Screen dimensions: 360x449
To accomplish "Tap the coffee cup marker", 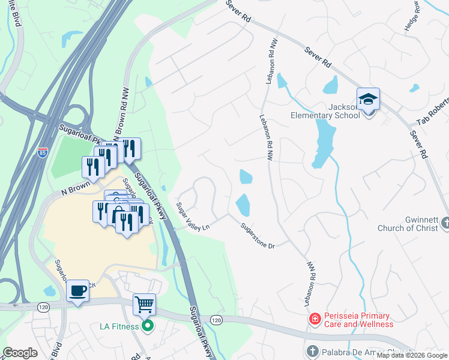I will coord(78,292).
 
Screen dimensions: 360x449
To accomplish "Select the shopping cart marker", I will coord(144,305).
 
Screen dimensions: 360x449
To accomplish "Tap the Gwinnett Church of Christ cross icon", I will coord(445,223).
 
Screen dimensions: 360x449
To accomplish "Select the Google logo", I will coord(20,353).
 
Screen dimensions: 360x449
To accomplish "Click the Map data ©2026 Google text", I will coord(412,355).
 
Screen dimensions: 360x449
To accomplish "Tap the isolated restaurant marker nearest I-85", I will coord(93,167).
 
